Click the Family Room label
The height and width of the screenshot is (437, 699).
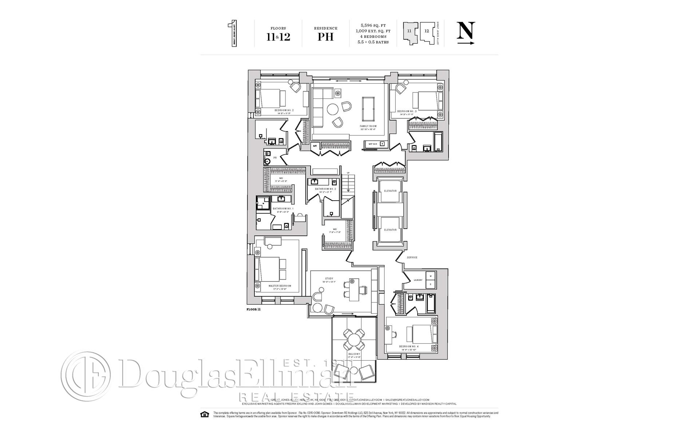pos(368,126)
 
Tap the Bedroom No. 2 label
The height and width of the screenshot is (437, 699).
pos(284,110)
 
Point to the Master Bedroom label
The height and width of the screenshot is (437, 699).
pos(280,286)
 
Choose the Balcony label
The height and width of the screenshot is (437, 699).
pos(354,354)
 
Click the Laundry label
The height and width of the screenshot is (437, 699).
pos(418,280)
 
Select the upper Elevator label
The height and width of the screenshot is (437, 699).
pos(390,191)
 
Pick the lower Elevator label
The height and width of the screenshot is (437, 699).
pos(390,230)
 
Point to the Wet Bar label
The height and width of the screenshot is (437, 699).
pos(372,144)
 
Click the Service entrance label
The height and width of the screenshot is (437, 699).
pos(412,257)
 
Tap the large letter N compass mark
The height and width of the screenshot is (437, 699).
pos(466,31)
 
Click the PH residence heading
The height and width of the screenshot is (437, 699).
pos(325,37)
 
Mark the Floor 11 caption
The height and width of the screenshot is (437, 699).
pos(254,309)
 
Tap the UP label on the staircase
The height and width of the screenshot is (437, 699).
pos(348,173)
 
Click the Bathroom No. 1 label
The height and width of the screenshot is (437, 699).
pos(283,209)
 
